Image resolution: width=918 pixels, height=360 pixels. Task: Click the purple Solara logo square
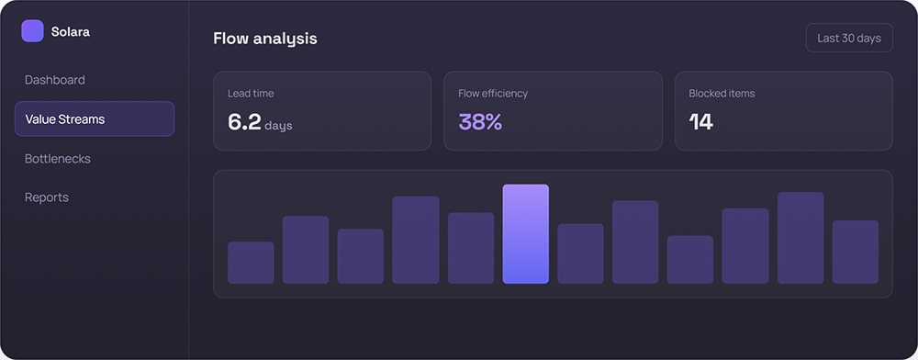tap(32, 31)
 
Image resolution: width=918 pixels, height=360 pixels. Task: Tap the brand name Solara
tap(71, 31)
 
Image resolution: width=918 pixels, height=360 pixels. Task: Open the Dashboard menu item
tap(54, 80)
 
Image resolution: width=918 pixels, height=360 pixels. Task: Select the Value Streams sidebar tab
tap(95, 118)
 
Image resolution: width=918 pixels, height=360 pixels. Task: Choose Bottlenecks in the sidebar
tap(57, 159)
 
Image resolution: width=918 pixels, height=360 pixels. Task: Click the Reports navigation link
tap(46, 197)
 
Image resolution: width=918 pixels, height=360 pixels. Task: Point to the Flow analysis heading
tap(265, 38)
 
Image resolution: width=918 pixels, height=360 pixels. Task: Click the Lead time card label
tap(251, 93)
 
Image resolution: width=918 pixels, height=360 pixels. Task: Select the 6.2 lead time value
tap(244, 122)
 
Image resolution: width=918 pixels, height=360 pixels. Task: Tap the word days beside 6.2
tap(278, 125)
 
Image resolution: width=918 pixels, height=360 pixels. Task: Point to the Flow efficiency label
tap(493, 93)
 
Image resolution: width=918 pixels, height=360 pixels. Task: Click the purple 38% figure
tap(480, 122)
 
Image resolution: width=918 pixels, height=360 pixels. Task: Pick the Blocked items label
tap(722, 93)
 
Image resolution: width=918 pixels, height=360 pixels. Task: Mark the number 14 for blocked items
tap(700, 122)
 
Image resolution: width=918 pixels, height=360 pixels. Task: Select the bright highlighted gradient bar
tap(526, 234)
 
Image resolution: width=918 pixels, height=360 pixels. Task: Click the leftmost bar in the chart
tap(251, 263)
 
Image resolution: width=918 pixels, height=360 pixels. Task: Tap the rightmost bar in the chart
tap(856, 253)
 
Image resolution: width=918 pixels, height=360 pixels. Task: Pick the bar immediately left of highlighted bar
tap(471, 248)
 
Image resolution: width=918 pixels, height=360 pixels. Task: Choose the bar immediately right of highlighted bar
tap(580, 254)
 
